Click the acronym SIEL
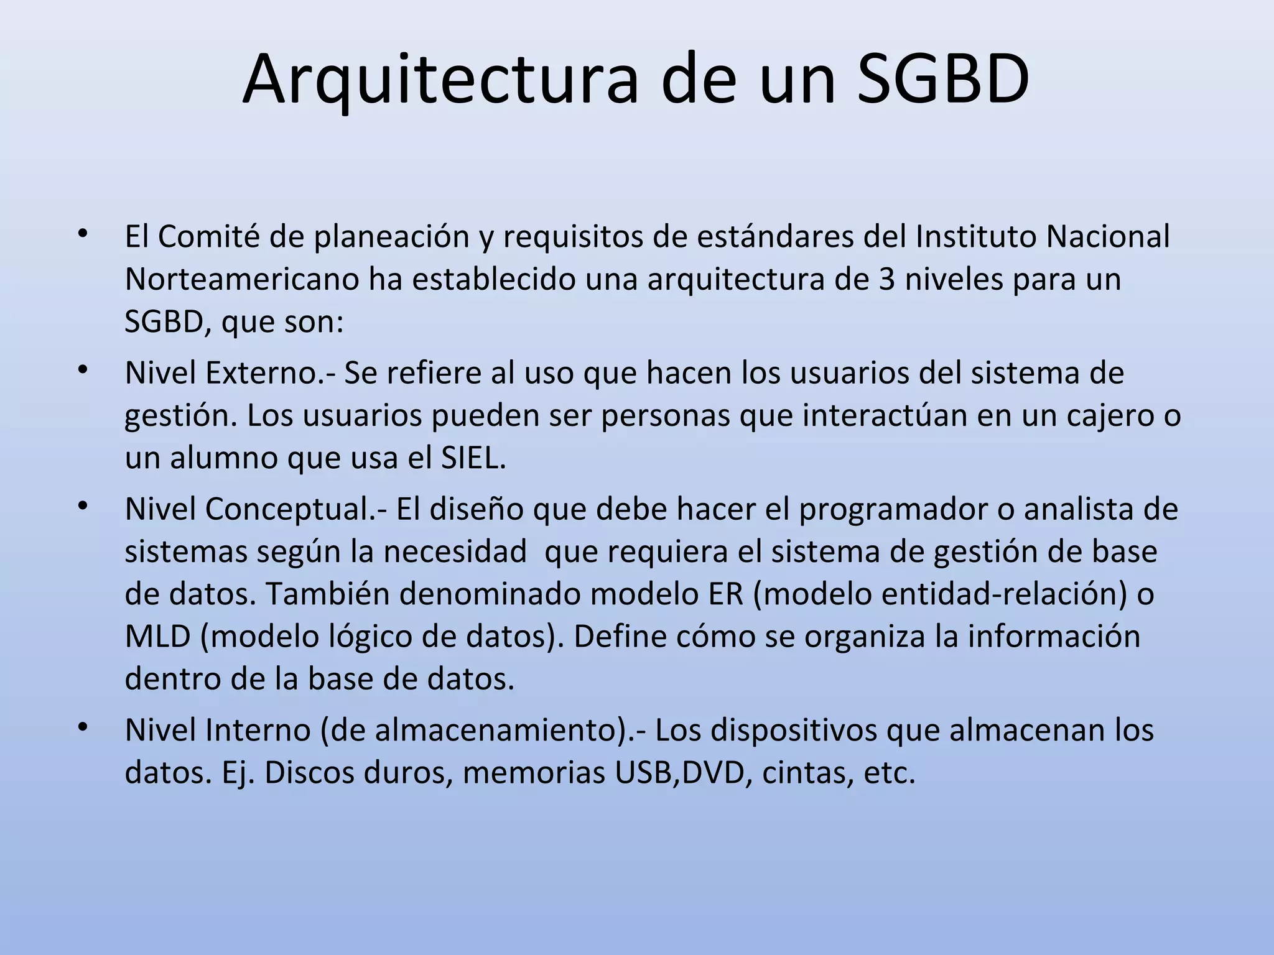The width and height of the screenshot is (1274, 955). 473,458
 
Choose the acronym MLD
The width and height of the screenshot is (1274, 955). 157,637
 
